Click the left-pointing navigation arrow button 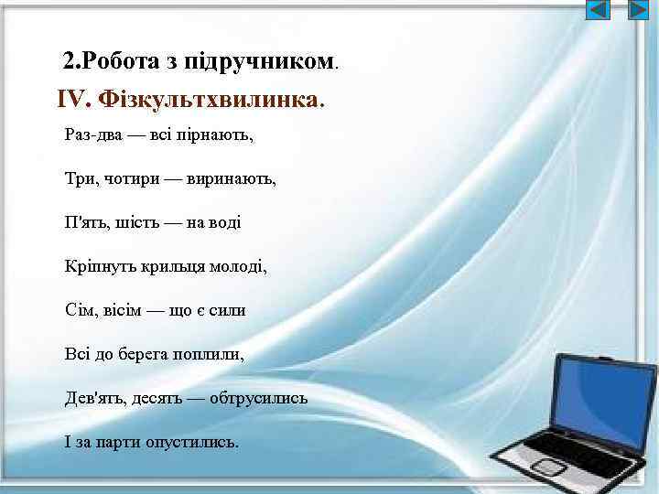598,10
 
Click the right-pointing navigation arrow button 637,10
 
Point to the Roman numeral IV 72,98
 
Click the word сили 227,311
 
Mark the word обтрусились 258,399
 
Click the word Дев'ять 93,399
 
